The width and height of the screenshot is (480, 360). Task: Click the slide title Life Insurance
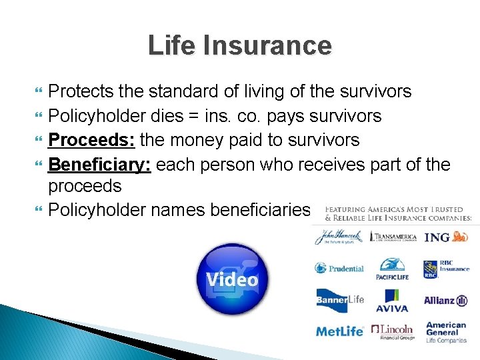pos(239,45)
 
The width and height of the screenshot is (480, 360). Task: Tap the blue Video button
pos(232,279)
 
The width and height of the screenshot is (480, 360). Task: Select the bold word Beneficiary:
pos(100,164)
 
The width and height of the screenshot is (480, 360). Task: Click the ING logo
pos(446,237)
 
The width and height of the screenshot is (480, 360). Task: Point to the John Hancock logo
pos(339,237)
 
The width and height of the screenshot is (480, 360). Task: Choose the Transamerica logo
pos(393,237)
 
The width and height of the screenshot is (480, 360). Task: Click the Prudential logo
pos(339,269)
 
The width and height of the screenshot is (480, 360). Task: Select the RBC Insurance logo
pos(446,269)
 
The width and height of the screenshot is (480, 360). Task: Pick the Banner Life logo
pos(339,300)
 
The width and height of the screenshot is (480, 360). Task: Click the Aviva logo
pos(392,301)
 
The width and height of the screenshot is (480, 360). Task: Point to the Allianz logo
pos(446,301)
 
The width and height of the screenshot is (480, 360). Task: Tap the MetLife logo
pos(339,331)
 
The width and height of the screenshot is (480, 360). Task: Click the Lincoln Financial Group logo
pos(393,331)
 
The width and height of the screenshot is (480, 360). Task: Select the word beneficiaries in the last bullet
pos(260,210)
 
